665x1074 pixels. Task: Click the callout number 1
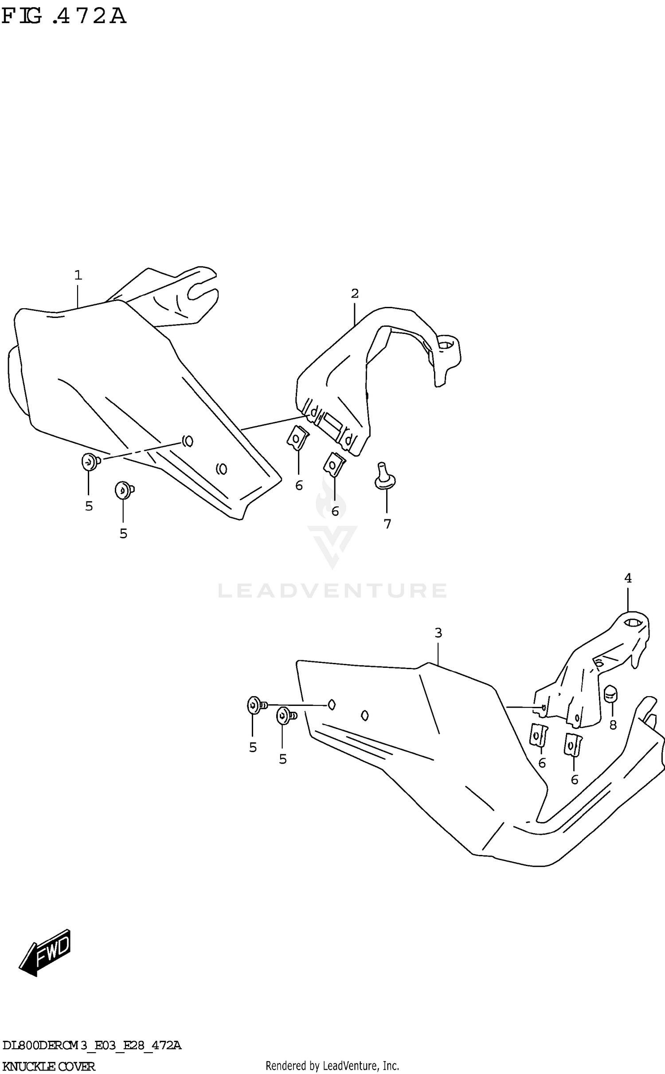78,275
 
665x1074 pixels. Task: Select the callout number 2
355,293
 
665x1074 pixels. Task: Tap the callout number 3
438,633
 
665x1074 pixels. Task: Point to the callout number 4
628,578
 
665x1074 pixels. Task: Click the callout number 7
387,524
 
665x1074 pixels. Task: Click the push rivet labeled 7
384,477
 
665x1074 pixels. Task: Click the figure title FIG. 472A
64,16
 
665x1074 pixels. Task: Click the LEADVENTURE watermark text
332,591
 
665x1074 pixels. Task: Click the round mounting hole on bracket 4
633,623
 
